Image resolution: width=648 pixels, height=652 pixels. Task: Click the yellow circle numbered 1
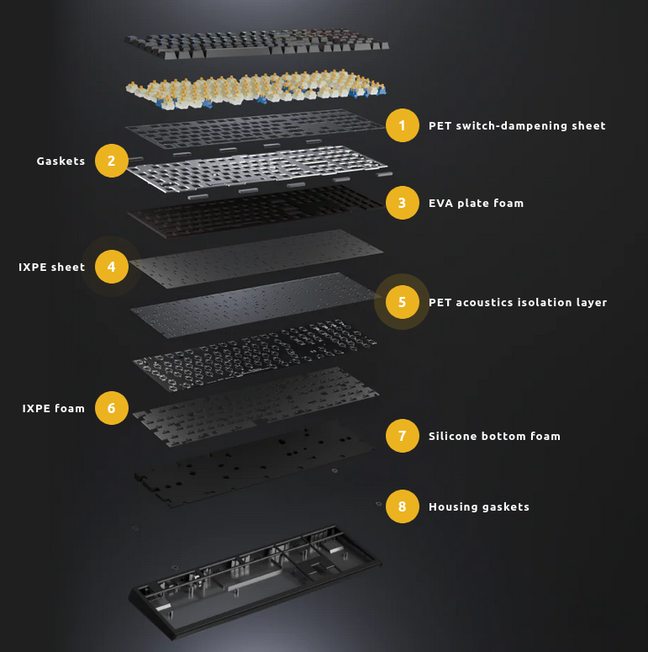(x=402, y=125)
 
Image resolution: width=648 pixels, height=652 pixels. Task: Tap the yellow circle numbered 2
(x=111, y=161)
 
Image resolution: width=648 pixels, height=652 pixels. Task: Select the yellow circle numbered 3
(x=402, y=203)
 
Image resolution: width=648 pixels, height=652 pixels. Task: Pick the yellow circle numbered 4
(x=111, y=267)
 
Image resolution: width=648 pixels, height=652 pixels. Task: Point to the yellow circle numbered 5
(x=402, y=302)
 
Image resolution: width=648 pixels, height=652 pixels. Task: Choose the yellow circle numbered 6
(x=111, y=408)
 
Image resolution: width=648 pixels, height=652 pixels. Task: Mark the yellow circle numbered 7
(x=402, y=436)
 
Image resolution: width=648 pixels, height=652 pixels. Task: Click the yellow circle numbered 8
(x=402, y=506)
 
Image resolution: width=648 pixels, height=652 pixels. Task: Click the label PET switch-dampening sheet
(x=517, y=125)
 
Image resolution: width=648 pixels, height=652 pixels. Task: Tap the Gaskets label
(x=61, y=161)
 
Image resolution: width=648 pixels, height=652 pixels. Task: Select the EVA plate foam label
(x=476, y=203)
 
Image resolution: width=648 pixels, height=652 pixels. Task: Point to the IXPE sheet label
(x=51, y=267)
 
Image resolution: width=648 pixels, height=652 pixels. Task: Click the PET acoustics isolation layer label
(x=518, y=302)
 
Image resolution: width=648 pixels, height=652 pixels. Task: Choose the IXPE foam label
(x=53, y=408)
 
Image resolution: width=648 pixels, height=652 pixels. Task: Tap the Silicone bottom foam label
(x=494, y=436)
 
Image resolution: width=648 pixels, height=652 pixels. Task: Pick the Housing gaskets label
(x=479, y=507)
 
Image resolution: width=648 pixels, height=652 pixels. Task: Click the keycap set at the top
(x=256, y=43)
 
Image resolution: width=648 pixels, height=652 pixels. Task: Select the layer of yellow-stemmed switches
(x=256, y=89)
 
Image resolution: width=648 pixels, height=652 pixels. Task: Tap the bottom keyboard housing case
(x=255, y=582)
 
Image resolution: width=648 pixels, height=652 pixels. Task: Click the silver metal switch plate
(x=257, y=168)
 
